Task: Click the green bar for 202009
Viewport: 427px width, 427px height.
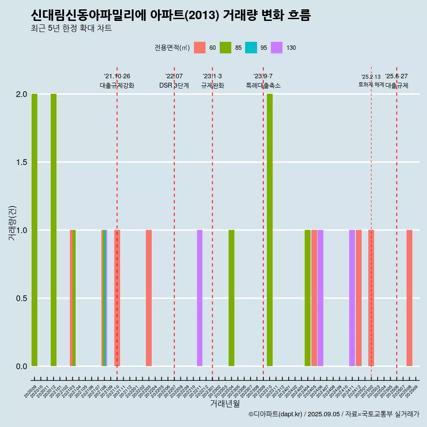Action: click(34, 230)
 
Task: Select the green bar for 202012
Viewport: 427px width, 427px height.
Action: click(53, 230)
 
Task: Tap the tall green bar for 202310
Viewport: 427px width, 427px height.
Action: click(270, 230)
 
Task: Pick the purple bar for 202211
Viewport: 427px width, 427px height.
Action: click(200, 298)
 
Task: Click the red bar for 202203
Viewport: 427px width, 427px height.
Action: click(149, 298)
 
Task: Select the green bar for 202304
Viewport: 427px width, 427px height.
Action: click(231, 298)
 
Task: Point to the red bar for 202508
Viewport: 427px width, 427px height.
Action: click(409, 298)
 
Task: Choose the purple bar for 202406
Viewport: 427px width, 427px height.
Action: click(320, 298)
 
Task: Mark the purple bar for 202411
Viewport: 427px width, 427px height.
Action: click(352, 298)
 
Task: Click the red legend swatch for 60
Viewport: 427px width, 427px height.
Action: click(200, 48)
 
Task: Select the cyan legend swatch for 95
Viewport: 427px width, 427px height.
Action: click(251, 48)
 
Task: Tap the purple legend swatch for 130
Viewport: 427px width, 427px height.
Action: click(277, 48)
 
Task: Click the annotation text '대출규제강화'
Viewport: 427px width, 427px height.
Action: click(117, 85)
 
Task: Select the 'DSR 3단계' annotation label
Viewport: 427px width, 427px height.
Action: click(174, 85)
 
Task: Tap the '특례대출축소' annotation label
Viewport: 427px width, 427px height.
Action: click(263, 85)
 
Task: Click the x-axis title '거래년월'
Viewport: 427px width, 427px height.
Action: click(225, 403)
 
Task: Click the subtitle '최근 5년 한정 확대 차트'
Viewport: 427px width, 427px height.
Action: click(71, 28)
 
